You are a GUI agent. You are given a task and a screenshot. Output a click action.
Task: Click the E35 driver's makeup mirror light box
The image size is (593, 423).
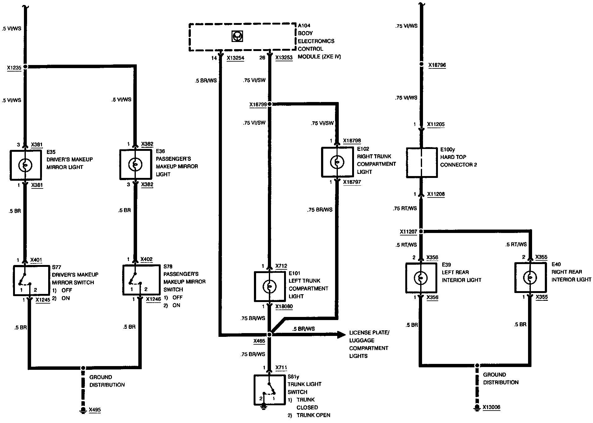(x=25, y=165)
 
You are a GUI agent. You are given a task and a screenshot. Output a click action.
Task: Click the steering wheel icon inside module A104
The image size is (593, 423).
(x=237, y=36)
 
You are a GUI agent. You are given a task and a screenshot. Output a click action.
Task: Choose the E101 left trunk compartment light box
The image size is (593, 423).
(x=269, y=286)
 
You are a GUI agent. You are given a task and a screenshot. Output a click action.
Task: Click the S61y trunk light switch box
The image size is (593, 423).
(x=269, y=390)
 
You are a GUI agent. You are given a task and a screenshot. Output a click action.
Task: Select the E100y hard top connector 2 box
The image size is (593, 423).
(x=422, y=163)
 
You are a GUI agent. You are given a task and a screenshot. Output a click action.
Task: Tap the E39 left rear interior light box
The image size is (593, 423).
(x=421, y=278)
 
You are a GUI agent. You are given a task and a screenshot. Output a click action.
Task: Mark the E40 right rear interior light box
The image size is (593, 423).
(x=530, y=277)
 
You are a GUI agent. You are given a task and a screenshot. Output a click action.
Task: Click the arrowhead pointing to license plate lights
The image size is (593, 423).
(x=342, y=335)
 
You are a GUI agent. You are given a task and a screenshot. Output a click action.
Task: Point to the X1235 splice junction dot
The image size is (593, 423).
(x=25, y=67)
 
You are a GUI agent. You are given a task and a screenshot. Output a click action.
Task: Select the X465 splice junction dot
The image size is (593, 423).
(x=269, y=335)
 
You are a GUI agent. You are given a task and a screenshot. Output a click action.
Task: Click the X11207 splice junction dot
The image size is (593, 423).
(x=421, y=231)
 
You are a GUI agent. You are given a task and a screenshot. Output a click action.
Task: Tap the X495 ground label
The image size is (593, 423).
(x=95, y=410)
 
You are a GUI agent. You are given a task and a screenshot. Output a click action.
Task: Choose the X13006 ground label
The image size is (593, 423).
(x=491, y=407)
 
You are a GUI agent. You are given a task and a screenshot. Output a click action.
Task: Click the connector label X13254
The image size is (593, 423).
(x=235, y=58)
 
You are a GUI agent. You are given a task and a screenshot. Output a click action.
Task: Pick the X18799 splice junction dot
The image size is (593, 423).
(x=269, y=104)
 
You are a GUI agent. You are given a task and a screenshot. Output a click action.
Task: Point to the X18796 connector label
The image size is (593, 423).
(x=437, y=65)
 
